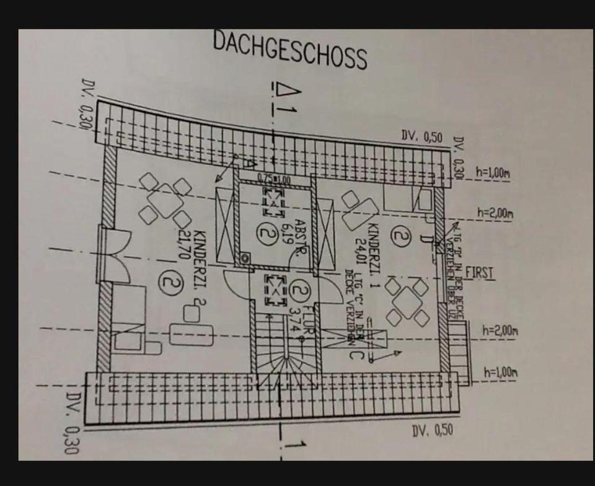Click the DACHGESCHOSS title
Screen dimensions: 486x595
click(290, 48)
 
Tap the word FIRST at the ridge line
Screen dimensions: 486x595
click(480, 273)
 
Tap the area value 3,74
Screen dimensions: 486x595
click(294, 317)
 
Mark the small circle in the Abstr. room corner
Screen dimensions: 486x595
click(246, 257)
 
